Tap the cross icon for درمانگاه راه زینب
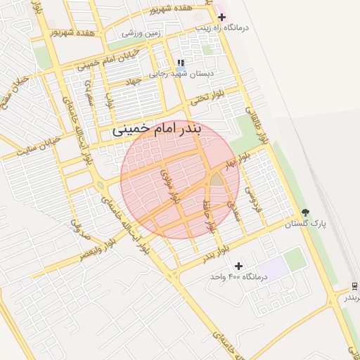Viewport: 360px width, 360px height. pos(221,16)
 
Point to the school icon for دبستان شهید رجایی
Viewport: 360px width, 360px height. pos(181,63)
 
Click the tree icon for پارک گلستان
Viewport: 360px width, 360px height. pos(305,212)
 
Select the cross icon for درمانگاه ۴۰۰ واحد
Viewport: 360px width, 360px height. pos(239,266)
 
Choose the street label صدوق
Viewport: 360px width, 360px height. pos(77,221)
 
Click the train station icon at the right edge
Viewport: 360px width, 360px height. pos(355,286)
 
